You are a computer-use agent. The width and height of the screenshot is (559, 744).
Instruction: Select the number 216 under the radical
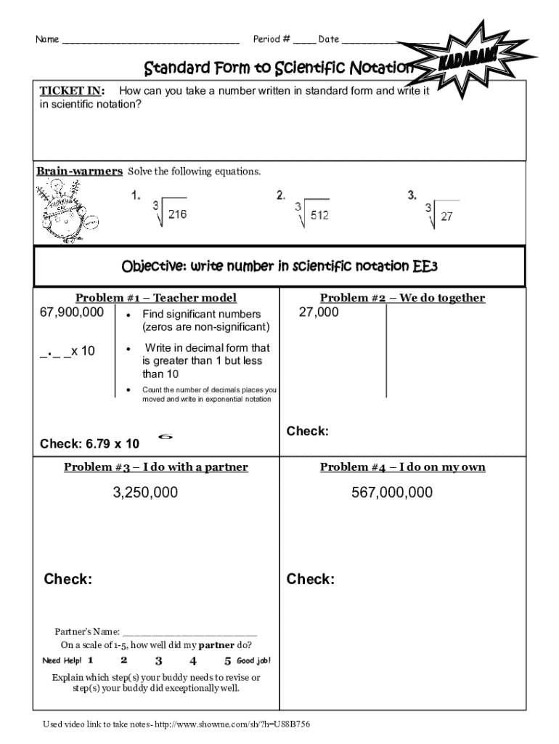(x=177, y=214)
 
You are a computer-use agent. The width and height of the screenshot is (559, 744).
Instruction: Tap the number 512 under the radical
(x=319, y=214)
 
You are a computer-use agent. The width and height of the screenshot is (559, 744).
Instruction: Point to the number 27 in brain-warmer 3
(x=447, y=216)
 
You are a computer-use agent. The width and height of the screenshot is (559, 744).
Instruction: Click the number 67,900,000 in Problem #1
(x=72, y=312)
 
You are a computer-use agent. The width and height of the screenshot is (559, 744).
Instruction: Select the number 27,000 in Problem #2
(x=318, y=312)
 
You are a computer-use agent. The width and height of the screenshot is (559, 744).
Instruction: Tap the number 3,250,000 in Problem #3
(x=145, y=493)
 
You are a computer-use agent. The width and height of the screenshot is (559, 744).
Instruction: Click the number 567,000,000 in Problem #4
(x=392, y=493)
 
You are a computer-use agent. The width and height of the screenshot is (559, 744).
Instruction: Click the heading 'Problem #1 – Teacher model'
(x=156, y=298)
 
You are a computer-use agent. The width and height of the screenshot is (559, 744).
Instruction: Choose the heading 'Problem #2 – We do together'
(x=402, y=298)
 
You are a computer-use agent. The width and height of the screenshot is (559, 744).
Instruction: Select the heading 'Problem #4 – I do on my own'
(x=402, y=467)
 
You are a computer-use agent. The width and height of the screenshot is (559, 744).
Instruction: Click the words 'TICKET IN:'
(x=71, y=91)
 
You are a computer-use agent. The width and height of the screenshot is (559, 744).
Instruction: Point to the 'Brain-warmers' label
(x=79, y=171)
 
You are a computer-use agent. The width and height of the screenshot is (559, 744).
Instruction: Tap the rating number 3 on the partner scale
(x=158, y=661)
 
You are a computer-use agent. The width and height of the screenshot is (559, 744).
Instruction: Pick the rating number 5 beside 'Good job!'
(x=228, y=661)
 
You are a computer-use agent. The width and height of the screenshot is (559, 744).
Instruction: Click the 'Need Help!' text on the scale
(x=62, y=661)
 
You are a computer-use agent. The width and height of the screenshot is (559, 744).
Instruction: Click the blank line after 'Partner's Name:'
(x=190, y=633)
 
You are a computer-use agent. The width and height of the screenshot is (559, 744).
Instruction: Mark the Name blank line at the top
(x=151, y=40)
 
